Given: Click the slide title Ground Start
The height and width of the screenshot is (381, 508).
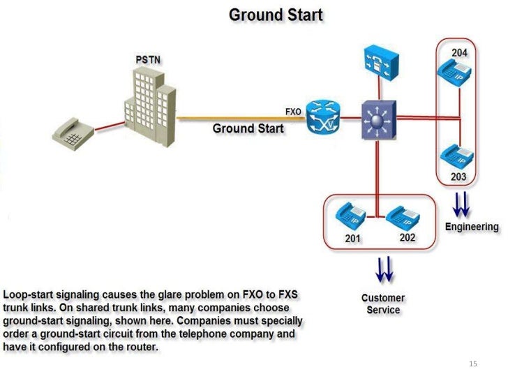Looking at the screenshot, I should coord(276,15).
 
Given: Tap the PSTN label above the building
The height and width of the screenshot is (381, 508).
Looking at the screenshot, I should coord(148,60).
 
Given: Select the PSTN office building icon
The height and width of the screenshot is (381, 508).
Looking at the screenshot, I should coord(149,102).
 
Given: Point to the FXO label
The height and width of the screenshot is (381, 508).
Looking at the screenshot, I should coord(293,112).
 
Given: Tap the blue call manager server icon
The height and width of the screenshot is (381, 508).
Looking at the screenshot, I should coord(380,61).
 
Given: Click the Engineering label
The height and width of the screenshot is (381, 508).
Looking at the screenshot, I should coord(472,227).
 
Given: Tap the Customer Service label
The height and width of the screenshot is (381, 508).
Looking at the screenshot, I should coord(383,304).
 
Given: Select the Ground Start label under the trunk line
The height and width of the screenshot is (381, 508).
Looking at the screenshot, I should coord(248,128).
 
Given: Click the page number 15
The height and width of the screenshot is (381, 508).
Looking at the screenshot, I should coord(472,364).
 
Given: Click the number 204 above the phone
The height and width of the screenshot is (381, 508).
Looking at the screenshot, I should coord(459,53).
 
